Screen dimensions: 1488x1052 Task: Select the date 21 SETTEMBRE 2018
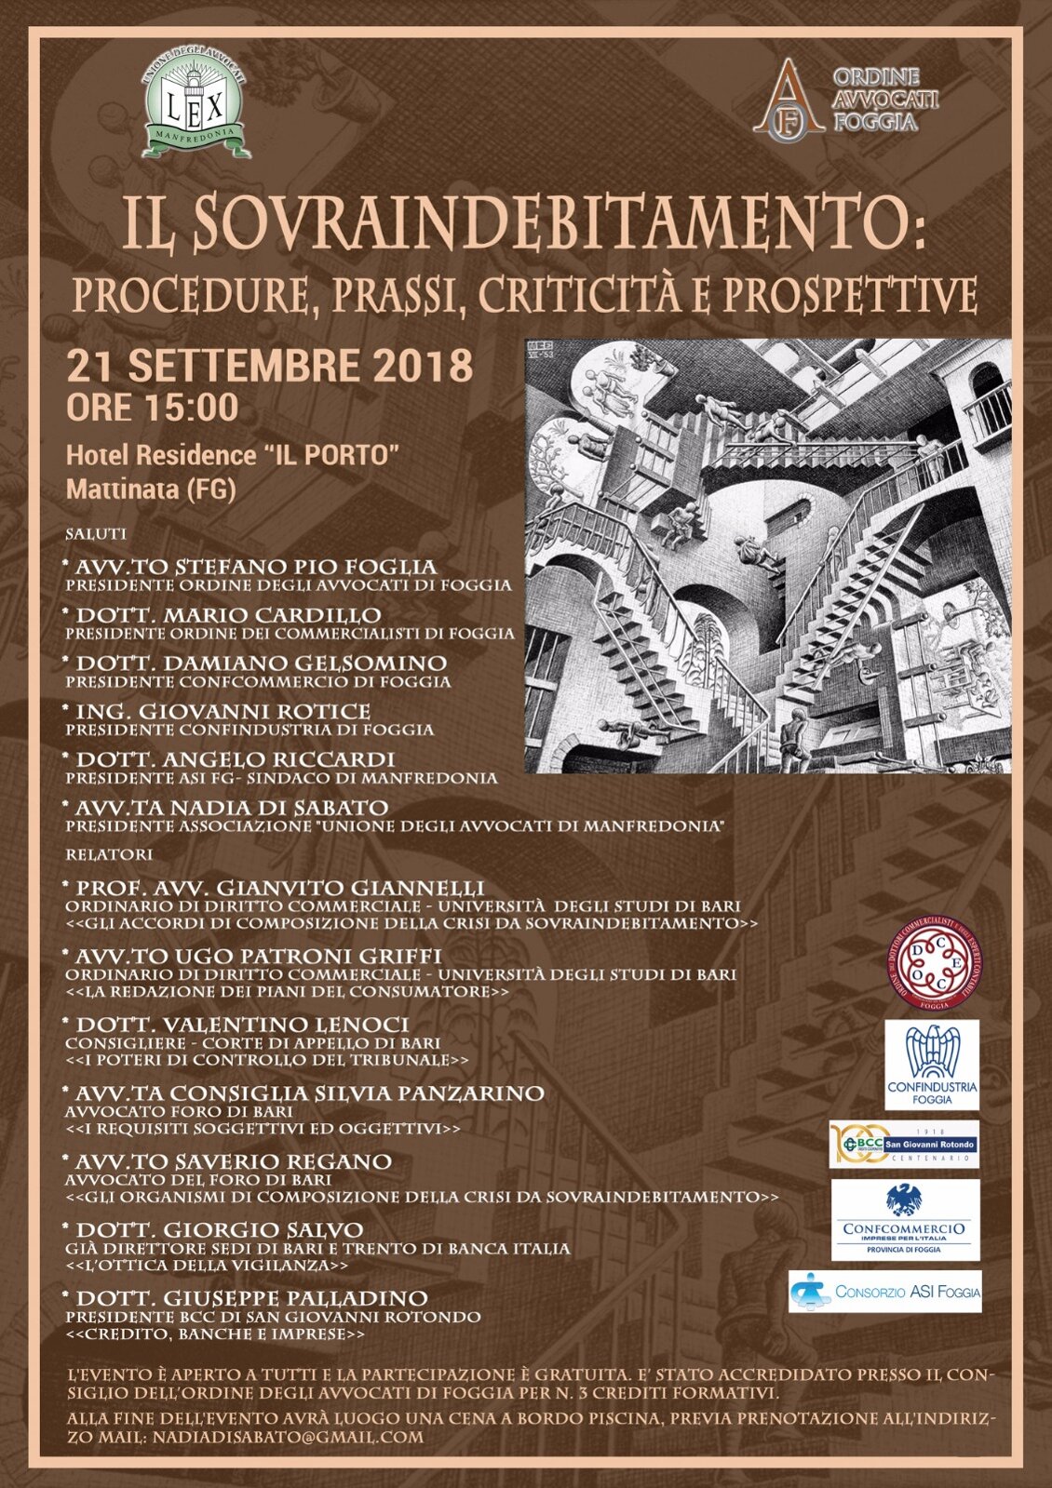(x=269, y=365)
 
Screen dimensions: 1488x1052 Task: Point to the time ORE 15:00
(x=152, y=408)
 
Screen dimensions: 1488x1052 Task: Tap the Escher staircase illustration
(x=768, y=555)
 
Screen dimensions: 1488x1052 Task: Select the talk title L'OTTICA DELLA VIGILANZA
(x=207, y=1267)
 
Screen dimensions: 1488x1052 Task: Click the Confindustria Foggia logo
(x=932, y=1065)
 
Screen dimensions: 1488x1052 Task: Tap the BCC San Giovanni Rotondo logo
(x=904, y=1145)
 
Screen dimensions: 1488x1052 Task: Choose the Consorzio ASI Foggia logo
(x=884, y=1292)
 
